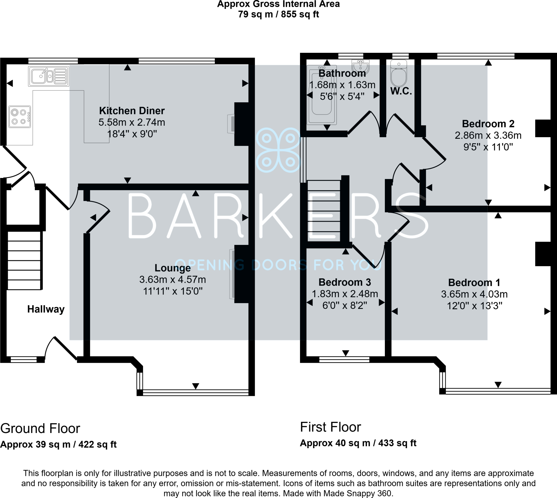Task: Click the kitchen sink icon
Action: click(x=48, y=76)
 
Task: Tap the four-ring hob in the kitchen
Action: click(x=20, y=117)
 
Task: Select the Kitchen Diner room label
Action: click(x=132, y=111)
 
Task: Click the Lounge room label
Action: click(x=172, y=268)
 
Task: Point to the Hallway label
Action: click(x=46, y=309)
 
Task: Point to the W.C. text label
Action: click(x=401, y=91)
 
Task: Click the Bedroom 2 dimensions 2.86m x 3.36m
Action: click(x=488, y=136)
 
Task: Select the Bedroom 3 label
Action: click(x=345, y=282)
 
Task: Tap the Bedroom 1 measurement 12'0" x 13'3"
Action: click(x=474, y=306)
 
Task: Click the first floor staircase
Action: click(x=324, y=211)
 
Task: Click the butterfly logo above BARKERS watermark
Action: click(x=278, y=150)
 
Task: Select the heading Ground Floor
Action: click(x=40, y=429)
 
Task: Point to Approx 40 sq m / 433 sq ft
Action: click(x=358, y=443)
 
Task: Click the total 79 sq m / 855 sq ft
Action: click(x=278, y=14)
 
